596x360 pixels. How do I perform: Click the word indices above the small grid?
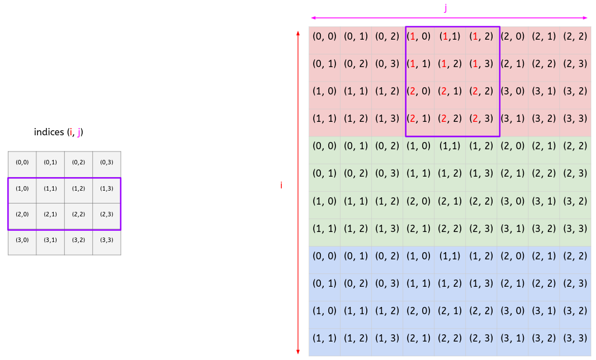49,132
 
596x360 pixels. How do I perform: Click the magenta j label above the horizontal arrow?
446,7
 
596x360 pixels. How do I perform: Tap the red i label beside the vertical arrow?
281,185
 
